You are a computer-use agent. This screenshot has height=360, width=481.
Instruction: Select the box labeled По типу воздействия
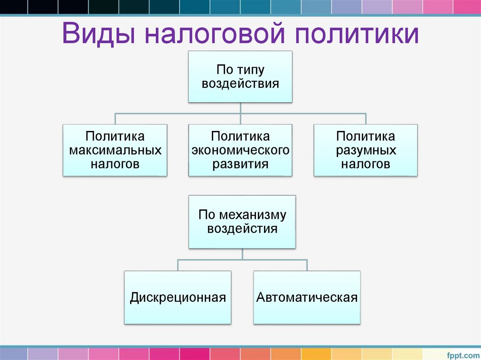coord(240,77)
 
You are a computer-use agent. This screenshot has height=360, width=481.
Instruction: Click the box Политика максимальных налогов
coord(115,150)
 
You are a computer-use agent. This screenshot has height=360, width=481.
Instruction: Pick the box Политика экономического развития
coord(240,150)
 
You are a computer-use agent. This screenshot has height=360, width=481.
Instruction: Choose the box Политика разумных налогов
coord(365,150)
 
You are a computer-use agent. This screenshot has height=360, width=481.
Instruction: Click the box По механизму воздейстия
coord(242,222)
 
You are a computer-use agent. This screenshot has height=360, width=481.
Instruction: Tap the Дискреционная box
coord(178,297)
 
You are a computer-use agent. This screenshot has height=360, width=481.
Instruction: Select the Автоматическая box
coord(307,297)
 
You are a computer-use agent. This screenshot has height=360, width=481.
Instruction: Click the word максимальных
coord(115,151)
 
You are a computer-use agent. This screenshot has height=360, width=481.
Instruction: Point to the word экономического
coord(240,151)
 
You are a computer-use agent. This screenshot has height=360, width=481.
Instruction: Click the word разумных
coord(365,151)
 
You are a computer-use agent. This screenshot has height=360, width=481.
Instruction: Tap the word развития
coord(240,164)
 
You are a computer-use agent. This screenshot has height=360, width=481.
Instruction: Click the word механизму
coord(255,215)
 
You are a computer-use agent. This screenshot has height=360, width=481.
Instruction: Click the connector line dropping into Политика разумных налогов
coord(365,118)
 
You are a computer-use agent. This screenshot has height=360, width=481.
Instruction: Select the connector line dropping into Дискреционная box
coord(178,265)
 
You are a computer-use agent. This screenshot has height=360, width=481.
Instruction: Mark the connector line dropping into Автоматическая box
coord(307,265)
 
